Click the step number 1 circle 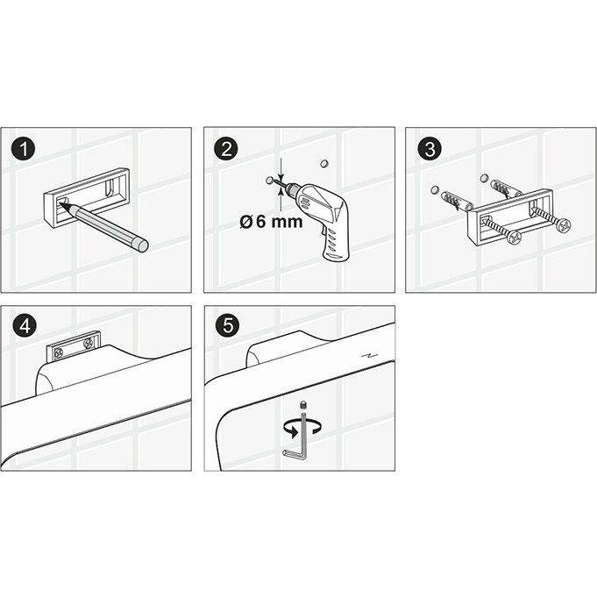(23, 148)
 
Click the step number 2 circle (226, 148)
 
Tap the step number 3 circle (430, 148)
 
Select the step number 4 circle (25, 326)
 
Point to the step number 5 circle (228, 326)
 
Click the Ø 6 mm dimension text (271, 222)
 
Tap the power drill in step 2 (320, 218)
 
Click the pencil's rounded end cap (143, 245)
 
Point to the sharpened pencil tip (60, 205)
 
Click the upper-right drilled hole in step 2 (324, 163)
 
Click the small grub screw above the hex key (303, 403)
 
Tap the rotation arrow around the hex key (302, 428)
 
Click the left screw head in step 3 (514, 238)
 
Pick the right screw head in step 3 (564, 225)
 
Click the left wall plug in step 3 (457, 202)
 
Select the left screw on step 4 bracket (58, 353)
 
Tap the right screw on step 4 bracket (89, 343)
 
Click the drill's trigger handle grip (335, 244)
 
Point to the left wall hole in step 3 (435, 189)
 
